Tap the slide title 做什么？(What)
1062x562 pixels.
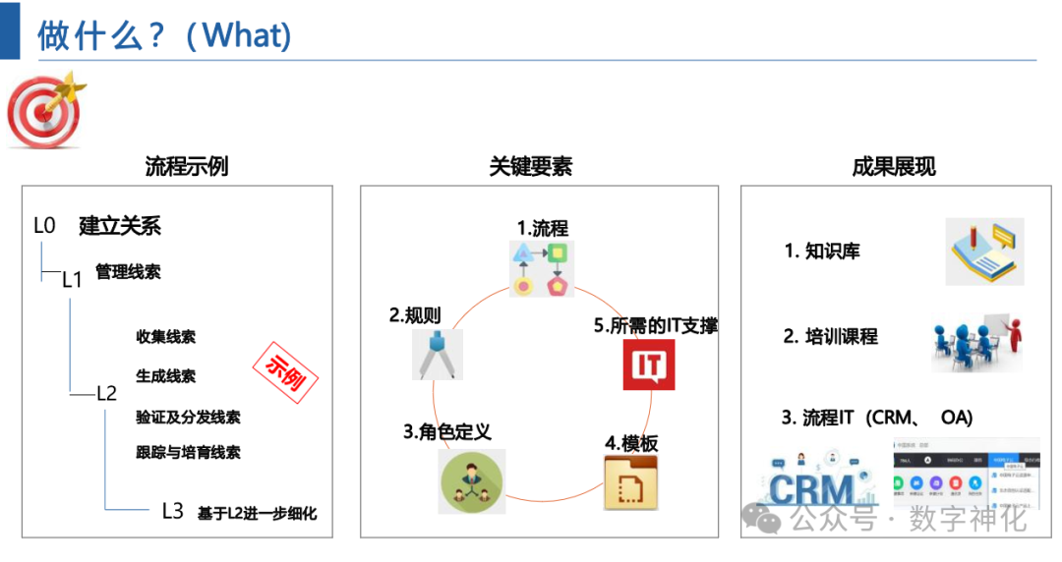tap(164, 36)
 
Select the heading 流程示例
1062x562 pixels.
tap(186, 166)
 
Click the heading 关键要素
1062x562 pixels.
tap(531, 166)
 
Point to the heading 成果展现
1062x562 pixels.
tap(894, 166)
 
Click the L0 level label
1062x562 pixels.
tap(44, 226)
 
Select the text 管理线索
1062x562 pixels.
tap(128, 272)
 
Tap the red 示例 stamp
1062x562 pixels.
tap(286, 371)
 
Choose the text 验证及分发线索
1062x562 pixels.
tap(188, 417)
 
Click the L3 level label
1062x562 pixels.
tap(172, 511)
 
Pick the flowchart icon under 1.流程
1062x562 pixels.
tap(542, 268)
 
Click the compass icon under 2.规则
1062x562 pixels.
tap(437, 354)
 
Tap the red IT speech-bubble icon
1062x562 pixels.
tap(649, 365)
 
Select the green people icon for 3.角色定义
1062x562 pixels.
tap(471, 481)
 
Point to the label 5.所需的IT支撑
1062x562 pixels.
tap(656, 326)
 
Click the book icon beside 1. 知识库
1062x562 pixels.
tap(984, 252)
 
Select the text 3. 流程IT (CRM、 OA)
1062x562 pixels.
tap(877, 418)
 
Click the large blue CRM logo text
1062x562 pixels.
tap(812, 488)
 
